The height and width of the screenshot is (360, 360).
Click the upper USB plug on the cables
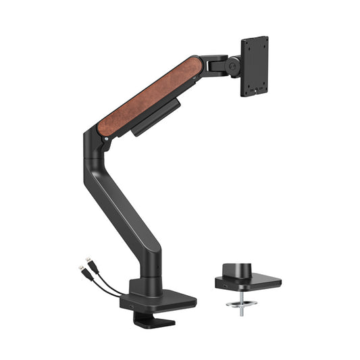(x=88, y=260)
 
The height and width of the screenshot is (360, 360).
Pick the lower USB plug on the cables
(x=81, y=269)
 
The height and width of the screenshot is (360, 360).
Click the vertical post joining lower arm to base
(x=151, y=274)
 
